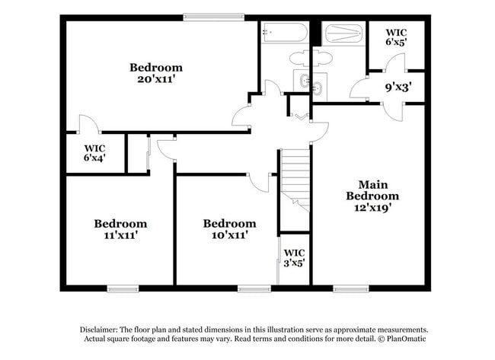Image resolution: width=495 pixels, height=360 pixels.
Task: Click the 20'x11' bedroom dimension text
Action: point(155,80)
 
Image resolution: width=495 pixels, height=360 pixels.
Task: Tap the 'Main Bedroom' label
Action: point(372,190)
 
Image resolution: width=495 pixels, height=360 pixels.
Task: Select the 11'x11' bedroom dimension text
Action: point(120,236)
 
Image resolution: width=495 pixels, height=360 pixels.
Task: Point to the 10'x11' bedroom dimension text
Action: point(228,236)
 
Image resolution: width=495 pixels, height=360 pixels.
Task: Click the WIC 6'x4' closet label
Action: point(94,152)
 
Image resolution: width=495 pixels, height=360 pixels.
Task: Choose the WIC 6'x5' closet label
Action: point(395,37)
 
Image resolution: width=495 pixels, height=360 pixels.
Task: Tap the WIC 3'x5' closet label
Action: point(294,258)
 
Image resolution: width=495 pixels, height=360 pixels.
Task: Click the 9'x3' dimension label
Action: point(398,88)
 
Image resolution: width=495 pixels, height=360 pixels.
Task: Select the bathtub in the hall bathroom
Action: point(284,33)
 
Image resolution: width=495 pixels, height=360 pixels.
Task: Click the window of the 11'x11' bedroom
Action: point(123,288)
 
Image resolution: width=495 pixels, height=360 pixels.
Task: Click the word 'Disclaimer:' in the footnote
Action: point(98,329)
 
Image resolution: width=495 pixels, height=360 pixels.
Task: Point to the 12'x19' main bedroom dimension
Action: point(372,207)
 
